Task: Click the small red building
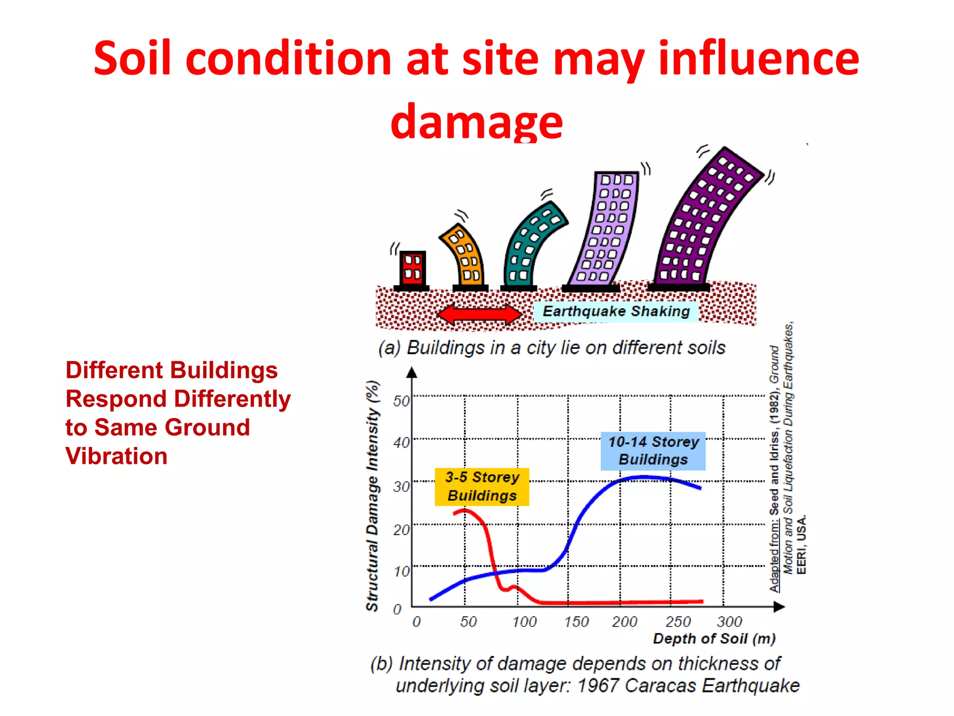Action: (412, 268)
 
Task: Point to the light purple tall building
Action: (606, 228)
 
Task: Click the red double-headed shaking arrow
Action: (480, 314)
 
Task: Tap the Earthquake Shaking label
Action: (616, 311)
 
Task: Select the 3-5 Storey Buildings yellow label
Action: (482, 487)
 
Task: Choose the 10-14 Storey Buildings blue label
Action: (653, 451)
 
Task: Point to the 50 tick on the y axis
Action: (401, 401)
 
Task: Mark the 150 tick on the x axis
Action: (576, 622)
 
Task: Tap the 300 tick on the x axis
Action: (729, 622)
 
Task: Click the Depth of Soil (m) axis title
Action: (714, 639)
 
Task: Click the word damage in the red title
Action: (477, 121)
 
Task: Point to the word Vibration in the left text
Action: (116, 456)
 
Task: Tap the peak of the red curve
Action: (464, 510)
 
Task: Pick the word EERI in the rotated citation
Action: (801, 562)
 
